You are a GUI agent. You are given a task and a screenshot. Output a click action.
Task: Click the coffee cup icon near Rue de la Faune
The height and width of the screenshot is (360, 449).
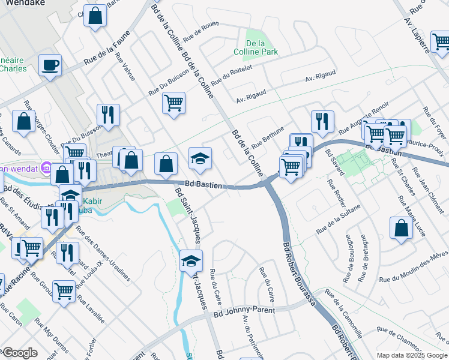tap(50, 64)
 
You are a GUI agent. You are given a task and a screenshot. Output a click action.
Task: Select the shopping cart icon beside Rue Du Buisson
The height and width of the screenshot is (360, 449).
tap(173, 102)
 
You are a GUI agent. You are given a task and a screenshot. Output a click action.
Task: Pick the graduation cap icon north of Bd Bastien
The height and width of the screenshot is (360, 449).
tap(200, 158)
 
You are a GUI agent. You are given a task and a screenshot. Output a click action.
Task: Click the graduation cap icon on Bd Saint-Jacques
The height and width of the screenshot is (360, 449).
tap(191, 260)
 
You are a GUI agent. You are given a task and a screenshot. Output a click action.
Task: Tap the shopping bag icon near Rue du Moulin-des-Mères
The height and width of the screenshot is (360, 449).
tap(401, 229)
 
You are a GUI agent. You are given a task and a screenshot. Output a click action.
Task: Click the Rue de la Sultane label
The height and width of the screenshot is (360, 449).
tap(339, 218)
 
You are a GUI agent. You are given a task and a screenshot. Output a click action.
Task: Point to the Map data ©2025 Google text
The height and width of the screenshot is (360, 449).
tap(411, 355)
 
